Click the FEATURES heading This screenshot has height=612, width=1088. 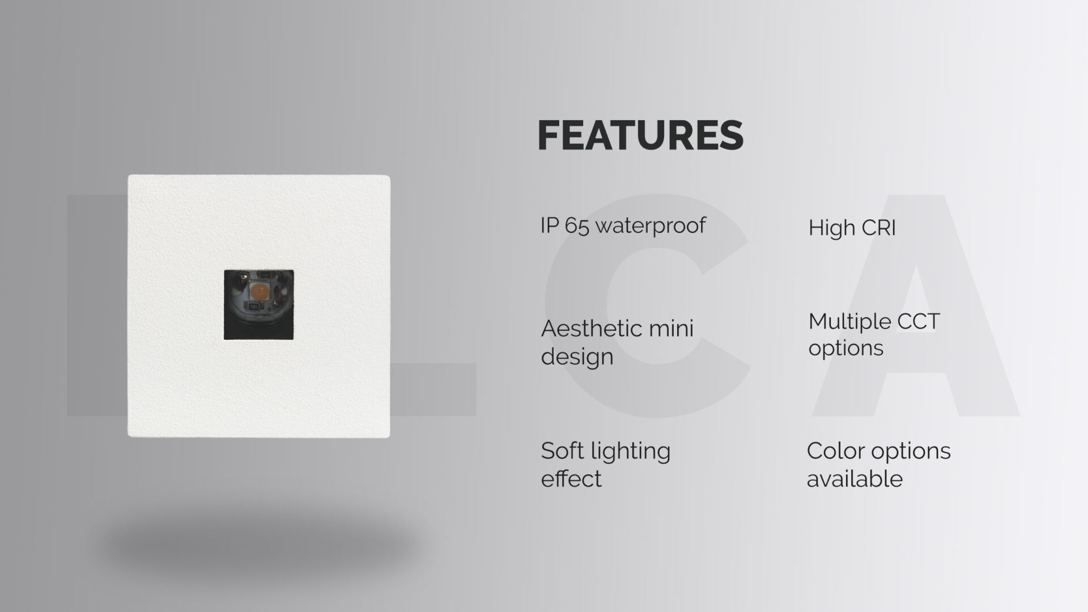coord(640,135)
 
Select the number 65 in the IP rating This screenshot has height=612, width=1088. coord(577,226)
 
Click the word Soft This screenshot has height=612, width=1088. coord(562,451)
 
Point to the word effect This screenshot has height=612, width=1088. coord(571,479)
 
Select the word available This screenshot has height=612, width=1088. coord(855,479)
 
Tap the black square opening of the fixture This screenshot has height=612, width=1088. coord(259,305)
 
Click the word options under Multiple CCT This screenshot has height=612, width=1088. coord(846,348)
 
